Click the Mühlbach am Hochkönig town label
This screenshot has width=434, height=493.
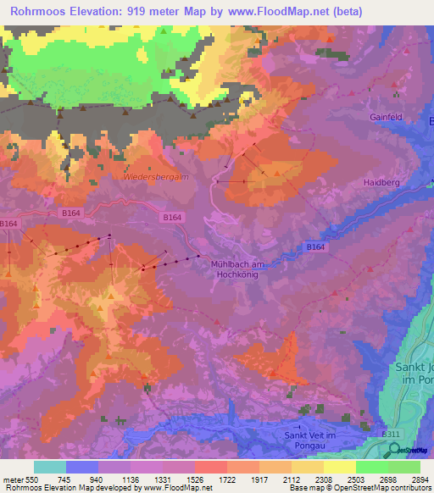(238, 269)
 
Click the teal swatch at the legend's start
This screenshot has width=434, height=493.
(50, 467)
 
